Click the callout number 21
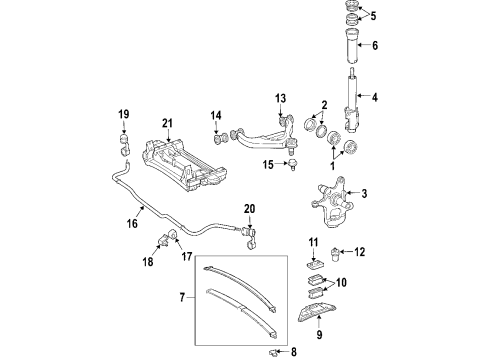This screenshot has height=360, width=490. [x=168, y=123]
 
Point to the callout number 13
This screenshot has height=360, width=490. [x=281, y=98]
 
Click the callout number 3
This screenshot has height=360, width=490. [x=365, y=193]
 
